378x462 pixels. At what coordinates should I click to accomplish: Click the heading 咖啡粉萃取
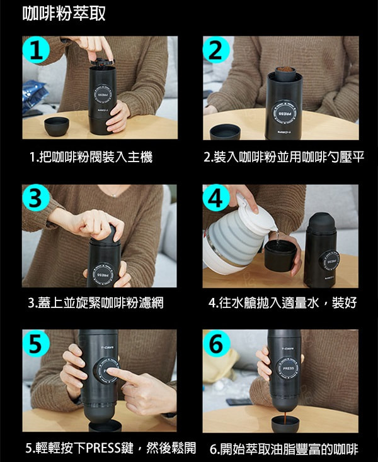click(64, 13)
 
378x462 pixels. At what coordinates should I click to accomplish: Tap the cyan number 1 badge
click(36, 50)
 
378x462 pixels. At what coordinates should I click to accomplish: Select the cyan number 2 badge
click(217, 50)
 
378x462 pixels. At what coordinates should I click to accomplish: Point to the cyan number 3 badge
click(35, 198)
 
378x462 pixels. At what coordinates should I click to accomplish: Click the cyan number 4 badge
click(216, 198)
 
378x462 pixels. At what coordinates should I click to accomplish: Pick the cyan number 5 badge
click(36, 344)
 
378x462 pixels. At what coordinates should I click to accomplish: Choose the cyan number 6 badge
click(216, 344)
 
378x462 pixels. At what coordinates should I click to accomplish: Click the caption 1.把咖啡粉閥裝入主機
click(91, 157)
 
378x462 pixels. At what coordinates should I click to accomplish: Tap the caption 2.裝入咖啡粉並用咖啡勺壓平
click(283, 157)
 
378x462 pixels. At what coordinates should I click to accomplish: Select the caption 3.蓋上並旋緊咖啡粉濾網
click(96, 302)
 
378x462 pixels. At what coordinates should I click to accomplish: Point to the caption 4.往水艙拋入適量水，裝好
click(283, 302)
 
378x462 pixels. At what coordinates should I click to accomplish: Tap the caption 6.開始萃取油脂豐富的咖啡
click(283, 449)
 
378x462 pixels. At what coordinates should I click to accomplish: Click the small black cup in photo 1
click(57, 127)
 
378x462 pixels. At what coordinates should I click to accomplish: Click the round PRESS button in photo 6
click(288, 368)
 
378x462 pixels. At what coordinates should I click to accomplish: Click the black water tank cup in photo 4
click(280, 256)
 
